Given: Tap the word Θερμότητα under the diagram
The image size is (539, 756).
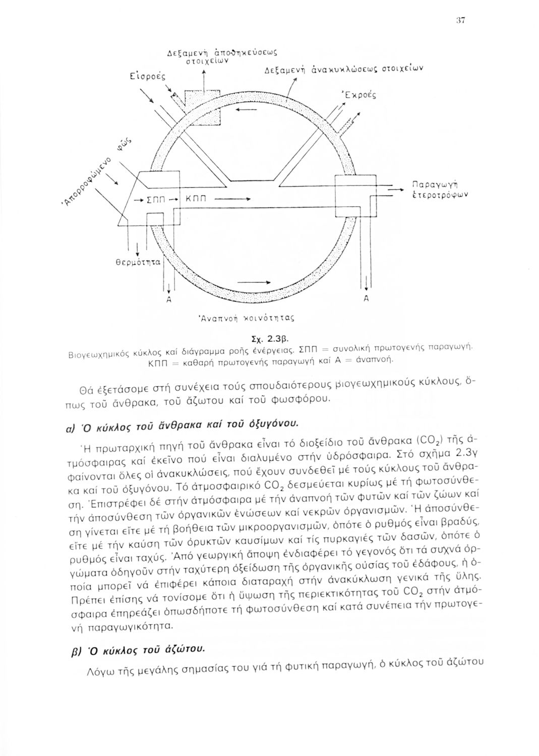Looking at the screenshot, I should (139, 262).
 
